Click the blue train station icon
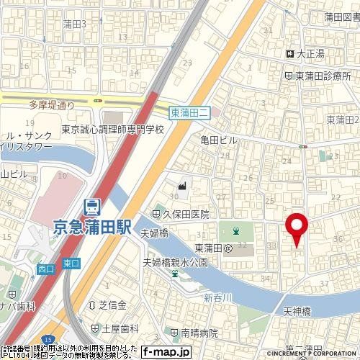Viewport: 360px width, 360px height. click(x=91, y=207)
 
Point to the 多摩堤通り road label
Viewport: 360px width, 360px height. click(x=53, y=105)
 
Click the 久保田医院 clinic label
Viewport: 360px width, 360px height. click(x=185, y=214)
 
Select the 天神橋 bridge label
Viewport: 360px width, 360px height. click(x=296, y=310)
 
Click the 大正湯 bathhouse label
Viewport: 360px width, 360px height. click(x=311, y=53)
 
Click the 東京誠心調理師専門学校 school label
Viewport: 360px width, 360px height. click(x=113, y=130)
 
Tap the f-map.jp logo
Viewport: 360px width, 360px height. click(x=166, y=352)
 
